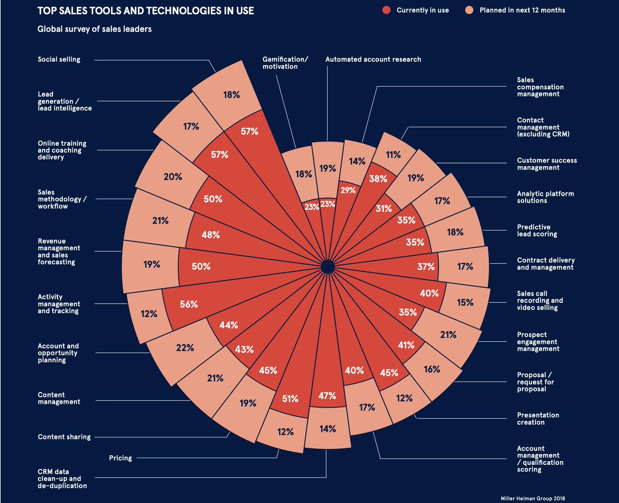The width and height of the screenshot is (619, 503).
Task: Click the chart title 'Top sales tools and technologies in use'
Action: (145, 10)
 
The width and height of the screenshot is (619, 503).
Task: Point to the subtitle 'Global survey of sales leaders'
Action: (94, 29)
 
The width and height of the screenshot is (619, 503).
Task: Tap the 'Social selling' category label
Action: (59, 59)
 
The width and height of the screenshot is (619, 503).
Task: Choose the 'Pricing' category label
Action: (120, 458)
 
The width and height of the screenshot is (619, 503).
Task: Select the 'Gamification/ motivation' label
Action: (285, 63)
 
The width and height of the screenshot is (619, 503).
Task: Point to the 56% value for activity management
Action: (189, 304)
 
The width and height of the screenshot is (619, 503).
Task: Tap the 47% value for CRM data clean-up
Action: (327, 396)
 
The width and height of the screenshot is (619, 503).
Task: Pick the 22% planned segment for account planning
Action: (185, 348)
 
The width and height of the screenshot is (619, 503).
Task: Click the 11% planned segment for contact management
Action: (393, 154)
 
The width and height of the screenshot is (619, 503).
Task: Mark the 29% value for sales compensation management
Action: (348, 190)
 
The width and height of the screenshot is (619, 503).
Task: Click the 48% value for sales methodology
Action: (210, 235)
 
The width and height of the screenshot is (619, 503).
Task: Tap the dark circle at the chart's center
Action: (327, 267)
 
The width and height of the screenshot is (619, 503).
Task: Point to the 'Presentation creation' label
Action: (537, 418)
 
